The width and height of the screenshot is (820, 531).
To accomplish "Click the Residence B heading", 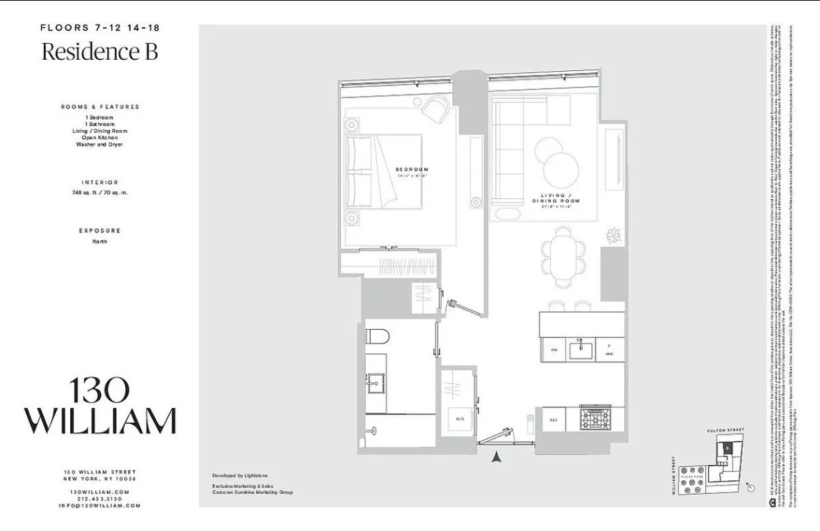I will pyautogui.click(x=99, y=52).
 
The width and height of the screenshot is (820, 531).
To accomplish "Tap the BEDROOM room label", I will pyautogui.click(x=412, y=169).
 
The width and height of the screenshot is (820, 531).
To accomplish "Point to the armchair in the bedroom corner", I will pyautogui.click(x=437, y=108).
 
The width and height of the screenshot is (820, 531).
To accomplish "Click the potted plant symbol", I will pyautogui.click(x=613, y=235).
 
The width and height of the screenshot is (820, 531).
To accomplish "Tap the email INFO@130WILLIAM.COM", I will pyautogui.click(x=100, y=505).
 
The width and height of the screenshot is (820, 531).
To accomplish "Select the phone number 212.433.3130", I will pyautogui.click(x=100, y=498).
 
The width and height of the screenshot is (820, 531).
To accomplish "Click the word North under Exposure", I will pyautogui.click(x=100, y=241).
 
